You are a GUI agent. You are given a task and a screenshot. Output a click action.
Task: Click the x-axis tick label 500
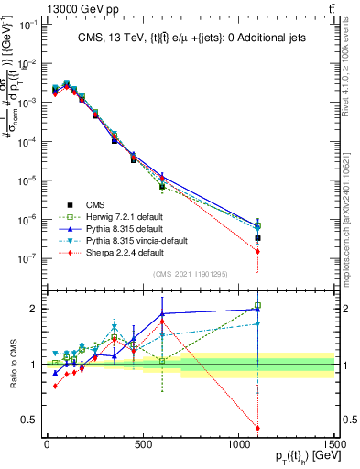click(143, 445)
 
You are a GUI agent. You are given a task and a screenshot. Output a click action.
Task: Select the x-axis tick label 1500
click(334, 445)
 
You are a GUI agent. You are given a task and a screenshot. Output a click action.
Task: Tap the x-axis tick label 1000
click(238, 445)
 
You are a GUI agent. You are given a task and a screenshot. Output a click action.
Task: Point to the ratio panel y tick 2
click(32, 309)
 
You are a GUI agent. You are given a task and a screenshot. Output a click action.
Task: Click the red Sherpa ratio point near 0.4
click(258, 428)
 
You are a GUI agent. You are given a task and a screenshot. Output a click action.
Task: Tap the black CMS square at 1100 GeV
click(258, 238)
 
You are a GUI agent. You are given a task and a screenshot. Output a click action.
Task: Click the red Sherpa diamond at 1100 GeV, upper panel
click(258, 251)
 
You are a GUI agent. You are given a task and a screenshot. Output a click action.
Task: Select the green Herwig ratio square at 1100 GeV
click(258, 305)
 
